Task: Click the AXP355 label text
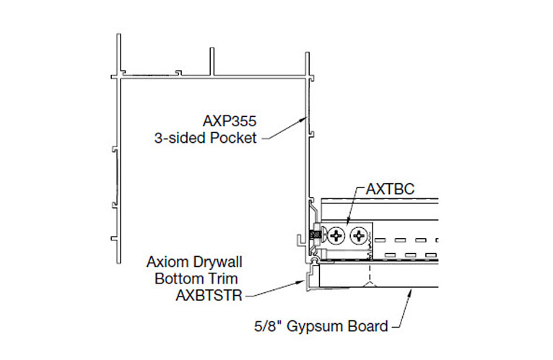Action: (x=231, y=123)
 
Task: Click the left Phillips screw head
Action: (x=336, y=235)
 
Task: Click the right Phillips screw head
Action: (x=357, y=235)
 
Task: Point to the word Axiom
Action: (x=165, y=261)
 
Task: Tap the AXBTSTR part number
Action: (x=205, y=294)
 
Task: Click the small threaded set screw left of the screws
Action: (x=315, y=235)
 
